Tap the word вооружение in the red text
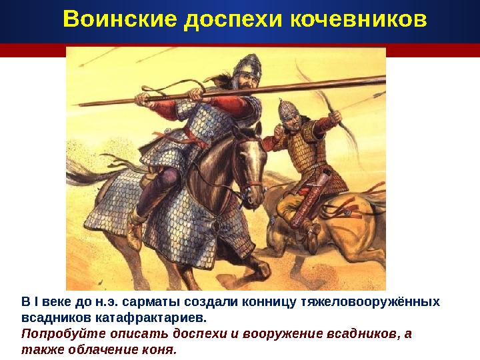[x=277, y=334]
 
